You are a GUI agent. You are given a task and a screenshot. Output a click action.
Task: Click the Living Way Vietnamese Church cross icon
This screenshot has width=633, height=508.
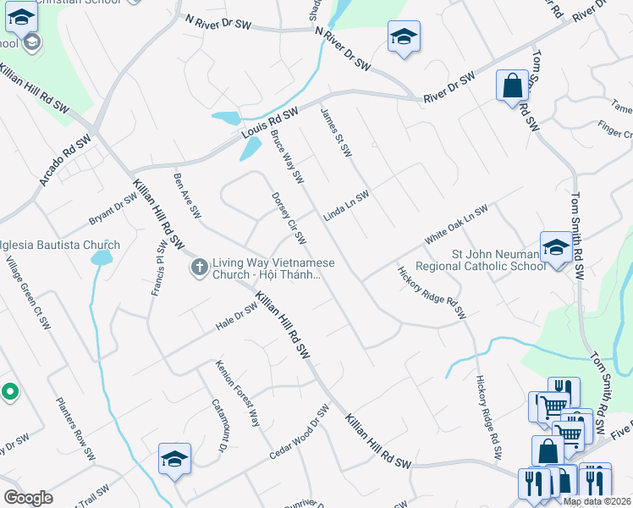(x=199, y=268)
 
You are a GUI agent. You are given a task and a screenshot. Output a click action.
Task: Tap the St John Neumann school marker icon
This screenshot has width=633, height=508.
(x=556, y=248)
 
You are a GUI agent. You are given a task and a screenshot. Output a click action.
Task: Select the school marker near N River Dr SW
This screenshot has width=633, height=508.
(x=404, y=36)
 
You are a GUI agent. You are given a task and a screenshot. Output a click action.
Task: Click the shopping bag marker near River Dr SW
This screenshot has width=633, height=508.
(x=512, y=86)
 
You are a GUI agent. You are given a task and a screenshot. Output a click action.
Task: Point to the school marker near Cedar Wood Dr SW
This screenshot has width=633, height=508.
(x=175, y=459)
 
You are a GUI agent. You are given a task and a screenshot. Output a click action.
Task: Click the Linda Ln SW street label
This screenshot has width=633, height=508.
(x=347, y=207)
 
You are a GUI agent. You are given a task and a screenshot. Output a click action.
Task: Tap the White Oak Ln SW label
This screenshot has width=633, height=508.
(x=456, y=224)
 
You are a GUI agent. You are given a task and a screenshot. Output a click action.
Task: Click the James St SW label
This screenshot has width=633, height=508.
(x=336, y=132)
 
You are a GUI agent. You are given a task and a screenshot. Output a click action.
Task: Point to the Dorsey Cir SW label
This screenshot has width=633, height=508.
(x=289, y=216)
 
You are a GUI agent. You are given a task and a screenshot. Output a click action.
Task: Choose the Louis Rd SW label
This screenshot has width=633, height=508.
(x=270, y=125)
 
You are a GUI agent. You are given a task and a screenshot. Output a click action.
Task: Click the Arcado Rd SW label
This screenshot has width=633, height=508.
(x=63, y=161)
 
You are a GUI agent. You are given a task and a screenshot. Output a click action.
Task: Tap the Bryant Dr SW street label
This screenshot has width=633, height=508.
(x=113, y=211)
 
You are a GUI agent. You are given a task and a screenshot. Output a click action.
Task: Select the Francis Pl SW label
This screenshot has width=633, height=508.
(x=158, y=269)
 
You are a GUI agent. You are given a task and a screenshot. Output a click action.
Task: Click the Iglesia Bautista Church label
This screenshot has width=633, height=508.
(x=59, y=246)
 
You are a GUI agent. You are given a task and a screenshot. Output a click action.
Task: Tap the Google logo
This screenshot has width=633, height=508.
(x=28, y=498)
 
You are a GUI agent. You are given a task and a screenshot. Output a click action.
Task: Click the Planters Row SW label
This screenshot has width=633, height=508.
(x=75, y=428)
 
